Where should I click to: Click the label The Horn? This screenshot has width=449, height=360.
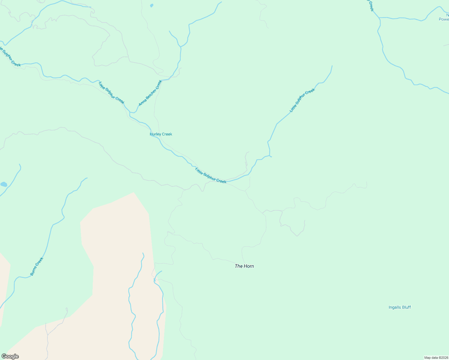[244, 266]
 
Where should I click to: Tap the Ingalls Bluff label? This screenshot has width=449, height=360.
[399, 307]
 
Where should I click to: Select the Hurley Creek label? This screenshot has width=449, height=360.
[161, 134]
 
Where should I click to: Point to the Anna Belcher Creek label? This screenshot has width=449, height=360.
[150, 93]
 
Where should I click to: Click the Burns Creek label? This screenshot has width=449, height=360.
[37, 266]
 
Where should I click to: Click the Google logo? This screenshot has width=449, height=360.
[10, 356]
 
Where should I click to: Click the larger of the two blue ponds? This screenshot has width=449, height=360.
[4, 184]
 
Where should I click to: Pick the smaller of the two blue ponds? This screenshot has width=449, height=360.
[152, 5]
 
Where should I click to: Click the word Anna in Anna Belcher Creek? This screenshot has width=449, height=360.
[142, 102]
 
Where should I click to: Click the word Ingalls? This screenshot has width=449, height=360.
[395, 307]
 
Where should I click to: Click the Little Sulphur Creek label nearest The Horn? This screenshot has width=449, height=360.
[211, 175]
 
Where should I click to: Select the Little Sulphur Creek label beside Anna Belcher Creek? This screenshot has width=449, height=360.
[111, 93]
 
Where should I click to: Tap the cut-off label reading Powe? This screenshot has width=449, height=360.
[444, 19]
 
